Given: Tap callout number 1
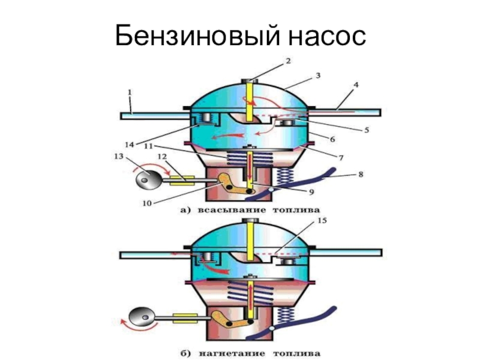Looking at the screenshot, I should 129,93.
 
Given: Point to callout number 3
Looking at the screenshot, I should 319,76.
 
